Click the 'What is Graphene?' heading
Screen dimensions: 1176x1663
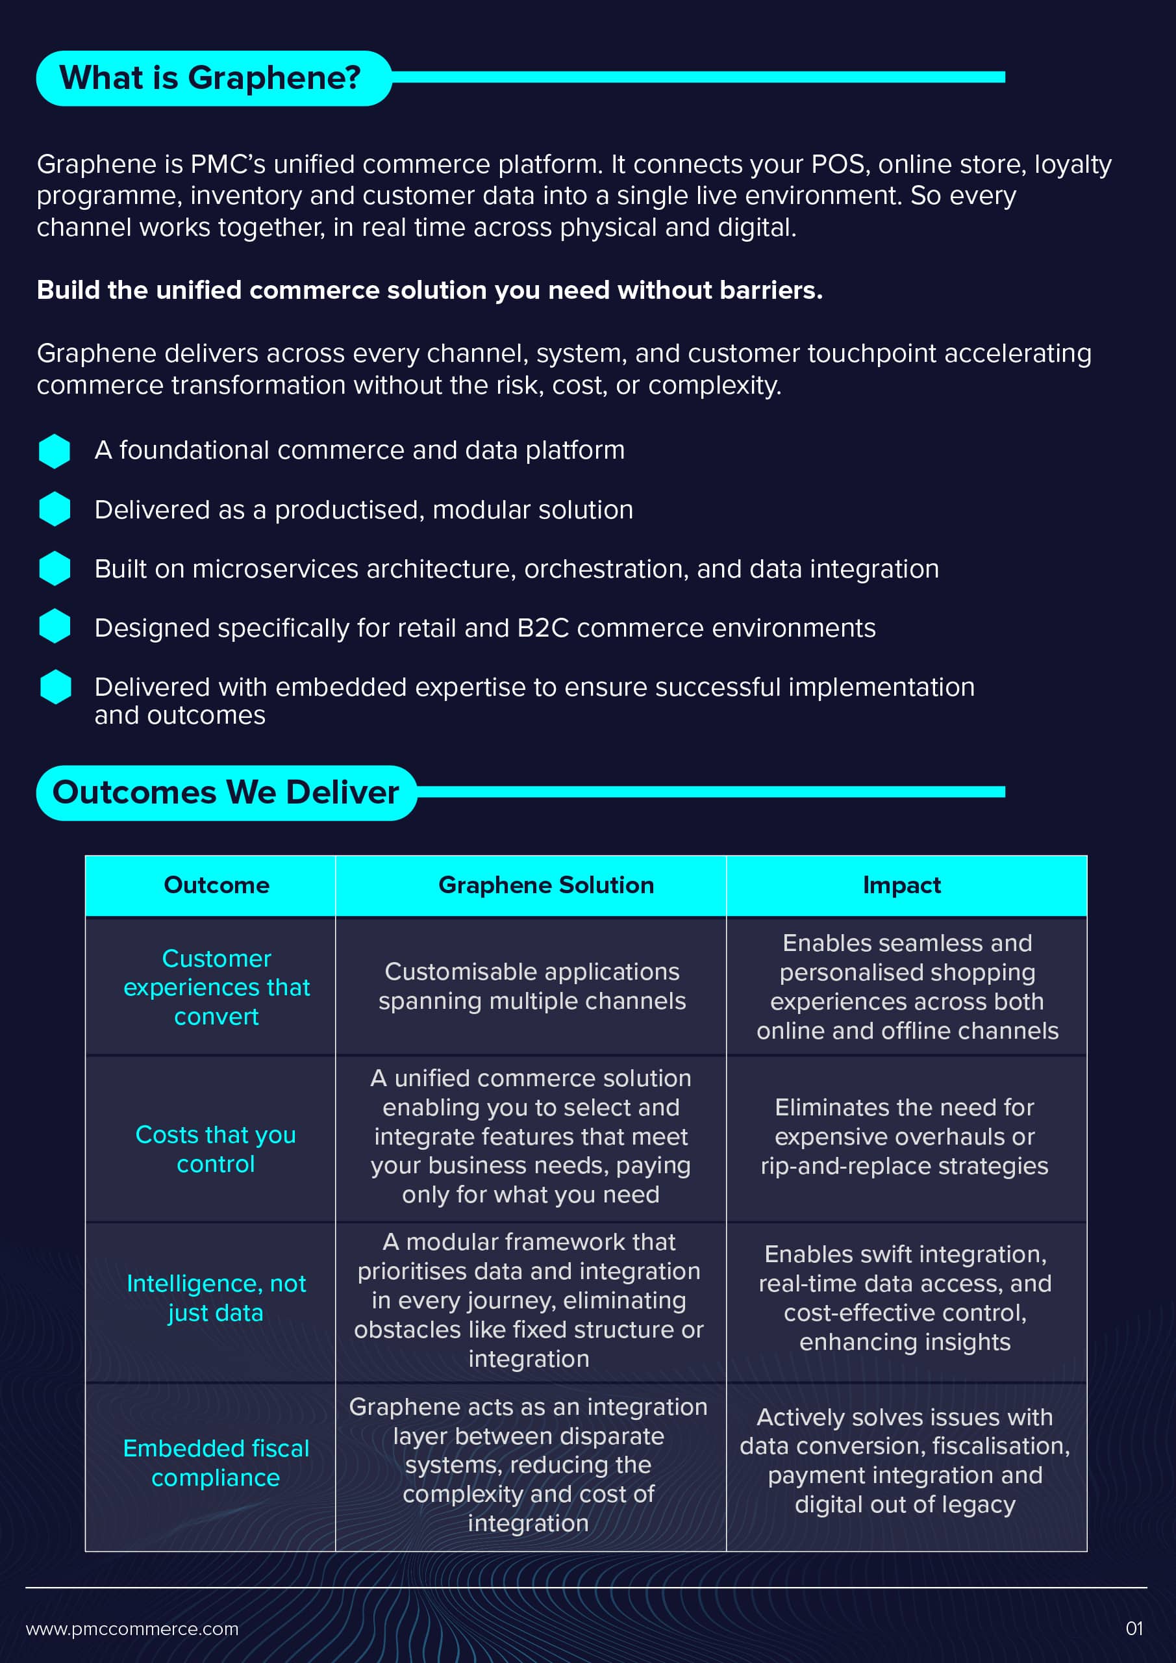(210, 77)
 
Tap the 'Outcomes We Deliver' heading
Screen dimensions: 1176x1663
(226, 793)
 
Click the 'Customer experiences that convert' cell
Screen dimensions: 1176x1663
(216, 987)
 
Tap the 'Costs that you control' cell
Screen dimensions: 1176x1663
(216, 1149)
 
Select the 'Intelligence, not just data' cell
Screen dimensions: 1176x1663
(216, 1298)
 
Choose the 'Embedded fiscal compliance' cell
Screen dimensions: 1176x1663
(216, 1462)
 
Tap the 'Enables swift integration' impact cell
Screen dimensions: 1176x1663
(905, 1298)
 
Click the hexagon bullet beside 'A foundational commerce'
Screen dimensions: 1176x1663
(55, 451)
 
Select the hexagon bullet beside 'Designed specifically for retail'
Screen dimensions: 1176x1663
(55, 626)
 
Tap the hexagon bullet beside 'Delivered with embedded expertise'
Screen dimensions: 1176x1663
(56, 687)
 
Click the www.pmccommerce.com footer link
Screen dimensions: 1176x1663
(132, 1629)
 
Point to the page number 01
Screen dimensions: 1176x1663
(1134, 1629)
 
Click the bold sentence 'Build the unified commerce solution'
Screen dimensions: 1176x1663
(430, 290)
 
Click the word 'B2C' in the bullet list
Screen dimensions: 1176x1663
(543, 628)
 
